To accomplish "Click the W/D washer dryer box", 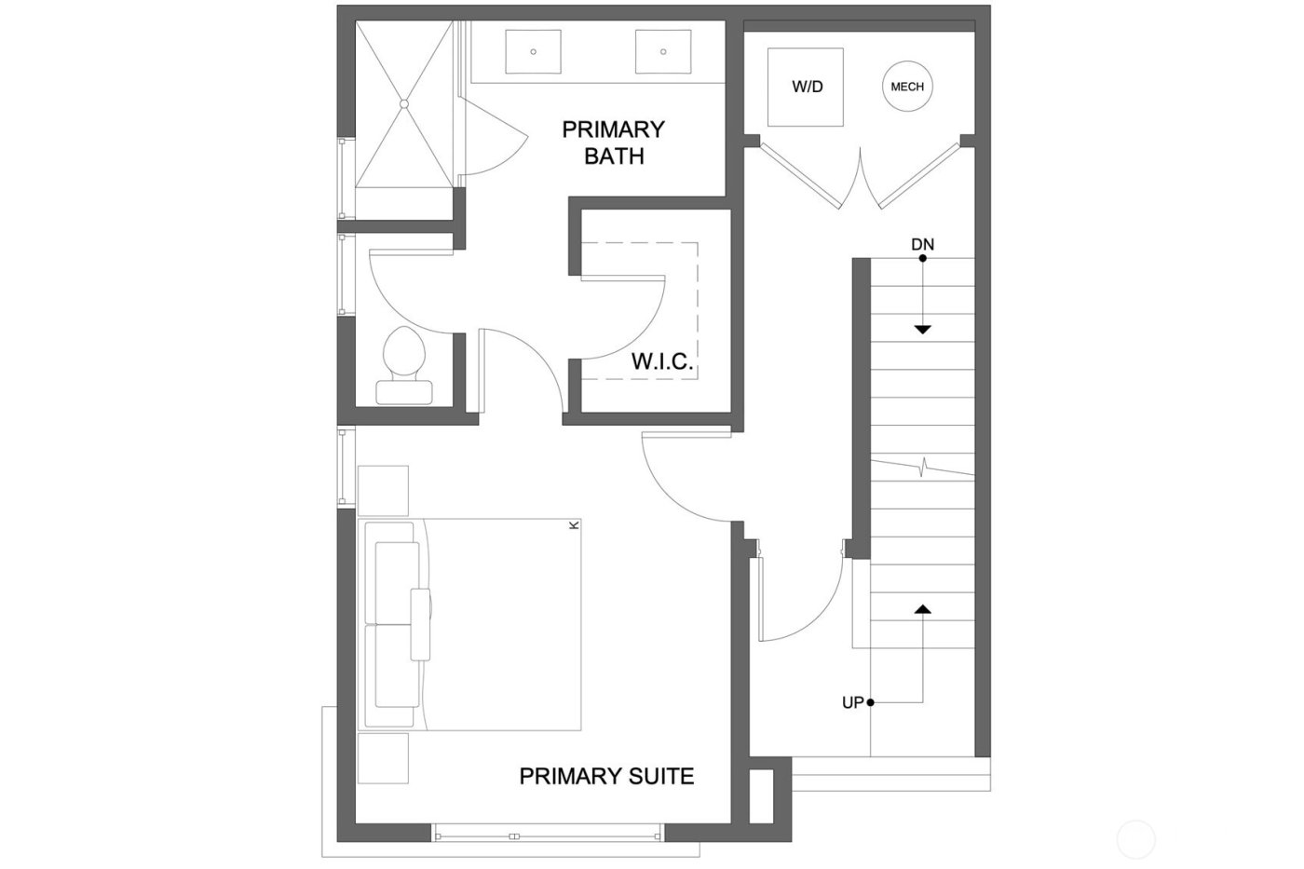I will (806, 87).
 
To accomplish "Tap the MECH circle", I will (907, 87).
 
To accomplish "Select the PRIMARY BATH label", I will (614, 143).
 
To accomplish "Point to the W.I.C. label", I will (662, 361).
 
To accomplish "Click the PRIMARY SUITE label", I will (606, 776).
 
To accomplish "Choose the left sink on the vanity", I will (533, 51).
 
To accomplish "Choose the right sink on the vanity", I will (663, 51).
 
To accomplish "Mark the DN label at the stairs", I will (922, 244).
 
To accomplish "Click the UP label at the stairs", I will (852, 703).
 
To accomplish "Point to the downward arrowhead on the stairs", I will (922, 329).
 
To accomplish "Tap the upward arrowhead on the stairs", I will (922, 608).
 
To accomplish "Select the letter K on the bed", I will (574, 525).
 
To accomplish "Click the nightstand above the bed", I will (383, 490).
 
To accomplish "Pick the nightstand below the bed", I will (383, 758).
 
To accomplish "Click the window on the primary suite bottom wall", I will (548, 835).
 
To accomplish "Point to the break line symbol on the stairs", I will (923, 467).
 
